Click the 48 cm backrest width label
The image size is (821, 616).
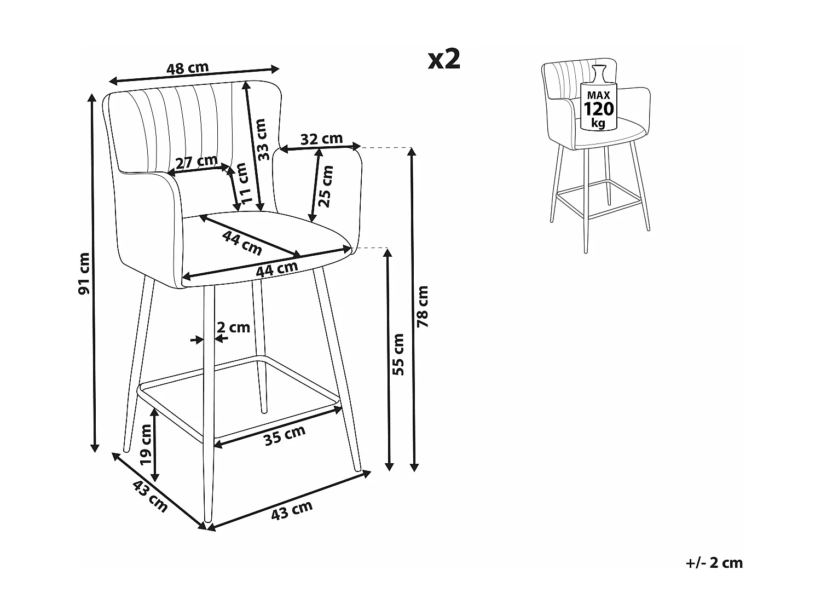pos(187,68)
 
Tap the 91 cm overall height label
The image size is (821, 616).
pos(84,273)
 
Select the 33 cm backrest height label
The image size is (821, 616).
pos(263,140)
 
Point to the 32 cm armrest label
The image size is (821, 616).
pos(322,139)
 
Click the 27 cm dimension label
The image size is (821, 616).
pos(196,162)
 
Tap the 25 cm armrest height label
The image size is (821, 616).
pos(326,186)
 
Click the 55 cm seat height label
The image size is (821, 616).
pos(398,355)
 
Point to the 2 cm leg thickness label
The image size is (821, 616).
pos(233,327)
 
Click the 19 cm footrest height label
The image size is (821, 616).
pos(146,444)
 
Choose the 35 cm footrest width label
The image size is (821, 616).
pos(285,436)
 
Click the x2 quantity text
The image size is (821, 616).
pos(444,60)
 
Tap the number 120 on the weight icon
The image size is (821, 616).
pos(598,109)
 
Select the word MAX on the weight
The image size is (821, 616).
pos(598,95)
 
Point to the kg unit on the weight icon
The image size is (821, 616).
pos(598,123)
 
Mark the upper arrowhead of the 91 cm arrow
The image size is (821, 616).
pos(91,98)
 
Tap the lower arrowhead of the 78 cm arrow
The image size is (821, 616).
pos(414,467)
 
